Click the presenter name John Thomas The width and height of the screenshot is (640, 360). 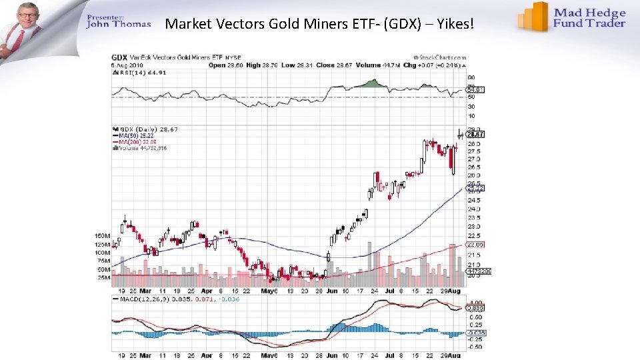[x=119, y=25]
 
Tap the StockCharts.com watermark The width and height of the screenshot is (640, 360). [x=439, y=58]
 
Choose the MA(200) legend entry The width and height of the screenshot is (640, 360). [x=137, y=141]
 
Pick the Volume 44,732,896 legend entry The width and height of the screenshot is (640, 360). [x=142, y=148]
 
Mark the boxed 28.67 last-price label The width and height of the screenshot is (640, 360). [x=476, y=134]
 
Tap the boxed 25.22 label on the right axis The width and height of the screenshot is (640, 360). [x=476, y=189]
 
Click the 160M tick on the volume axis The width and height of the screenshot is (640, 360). [x=102, y=236]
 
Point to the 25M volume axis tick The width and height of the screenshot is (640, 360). [x=103, y=277]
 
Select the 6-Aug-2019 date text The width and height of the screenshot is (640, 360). [x=127, y=65]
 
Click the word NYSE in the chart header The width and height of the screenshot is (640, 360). [x=234, y=58]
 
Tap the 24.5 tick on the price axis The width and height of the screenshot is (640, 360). [x=474, y=200]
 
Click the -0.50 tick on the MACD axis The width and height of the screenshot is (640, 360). [x=475, y=347]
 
